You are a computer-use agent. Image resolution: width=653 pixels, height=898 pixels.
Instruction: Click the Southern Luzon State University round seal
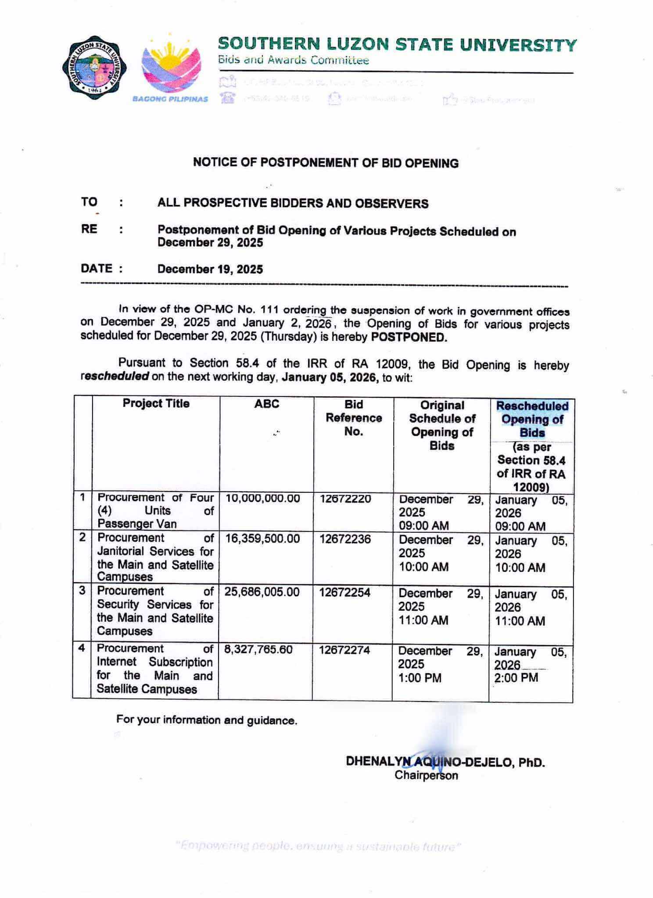(x=94, y=67)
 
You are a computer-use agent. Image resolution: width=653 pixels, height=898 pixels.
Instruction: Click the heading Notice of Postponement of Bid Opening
(x=326, y=163)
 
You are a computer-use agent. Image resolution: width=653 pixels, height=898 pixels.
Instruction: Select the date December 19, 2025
(x=210, y=269)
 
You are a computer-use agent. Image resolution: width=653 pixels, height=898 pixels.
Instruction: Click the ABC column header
(x=266, y=403)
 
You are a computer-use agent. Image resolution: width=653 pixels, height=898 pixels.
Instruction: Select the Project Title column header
(x=156, y=403)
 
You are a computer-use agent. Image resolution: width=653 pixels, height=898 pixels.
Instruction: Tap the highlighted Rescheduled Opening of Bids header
(x=532, y=419)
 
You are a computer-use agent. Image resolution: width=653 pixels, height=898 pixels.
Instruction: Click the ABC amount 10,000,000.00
(x=262, y=499)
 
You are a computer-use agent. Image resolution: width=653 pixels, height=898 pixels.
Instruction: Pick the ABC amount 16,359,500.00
(x=262, y=538)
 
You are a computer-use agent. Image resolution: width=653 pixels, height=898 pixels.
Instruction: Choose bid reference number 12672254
(x=344, y=592)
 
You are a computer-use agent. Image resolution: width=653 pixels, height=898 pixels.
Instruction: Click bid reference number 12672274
(x=344, y=649)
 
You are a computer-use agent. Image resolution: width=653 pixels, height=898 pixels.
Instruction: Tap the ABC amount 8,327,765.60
(x=258, y=649)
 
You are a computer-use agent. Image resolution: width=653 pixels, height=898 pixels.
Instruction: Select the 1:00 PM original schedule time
(x=420, y=678)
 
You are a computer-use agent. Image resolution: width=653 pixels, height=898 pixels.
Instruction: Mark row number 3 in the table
(x=83, y=590)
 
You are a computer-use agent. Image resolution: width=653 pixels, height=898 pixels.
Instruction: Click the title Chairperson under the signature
(x=426, y=775)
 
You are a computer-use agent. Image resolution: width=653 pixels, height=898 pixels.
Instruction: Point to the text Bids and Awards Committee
(x=294, y=60)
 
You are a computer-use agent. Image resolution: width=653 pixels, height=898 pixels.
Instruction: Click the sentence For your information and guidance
(x=207, y=720)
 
